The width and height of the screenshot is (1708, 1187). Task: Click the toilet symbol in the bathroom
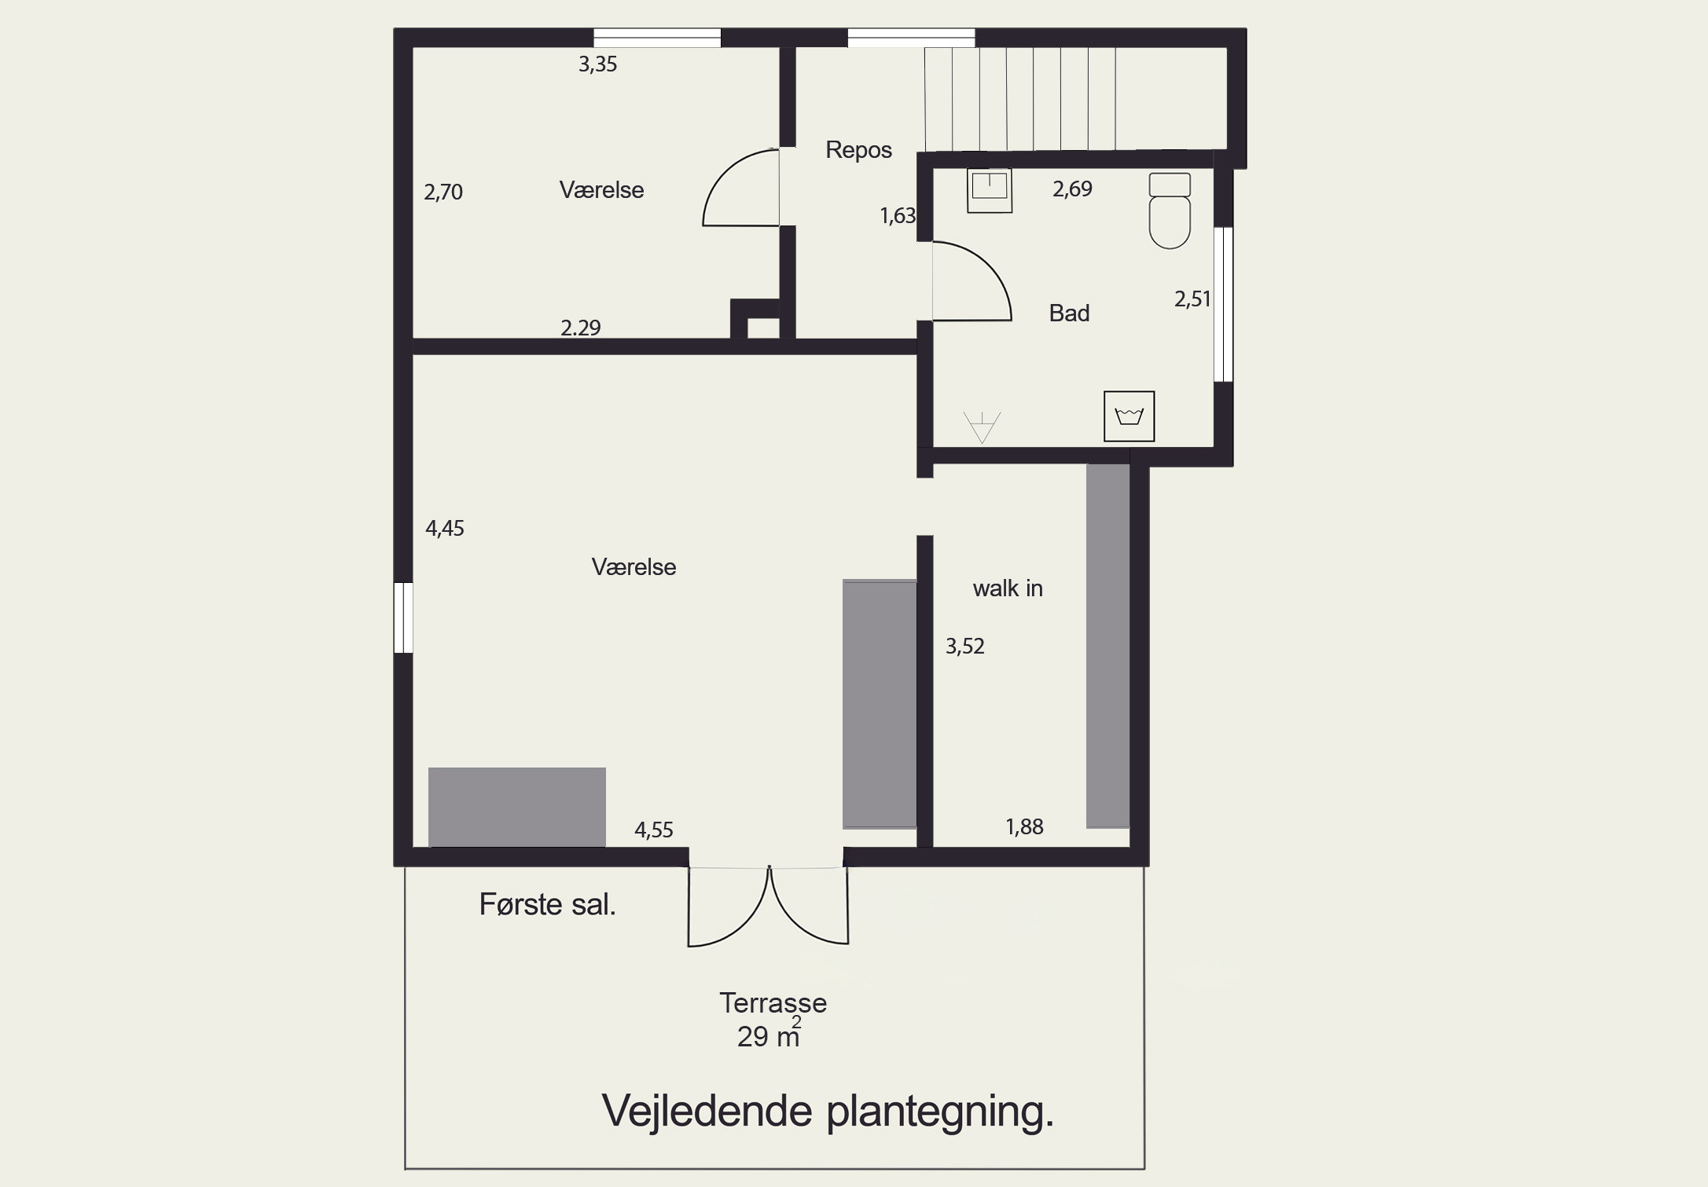click(1170, 211)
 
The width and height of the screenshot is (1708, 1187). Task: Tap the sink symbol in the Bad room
click(989, 190)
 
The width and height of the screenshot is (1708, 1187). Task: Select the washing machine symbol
click(1129, 416)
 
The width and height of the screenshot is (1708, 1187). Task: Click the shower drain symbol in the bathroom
click(982, 427)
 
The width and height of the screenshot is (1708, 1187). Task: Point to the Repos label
click(858, 150)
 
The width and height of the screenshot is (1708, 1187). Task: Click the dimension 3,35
click(597, 64)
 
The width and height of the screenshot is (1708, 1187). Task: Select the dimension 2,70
click(443, 192)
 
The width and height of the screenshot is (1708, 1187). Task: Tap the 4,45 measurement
click(444, 528)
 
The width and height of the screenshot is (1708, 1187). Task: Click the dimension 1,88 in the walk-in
click(1024, 826)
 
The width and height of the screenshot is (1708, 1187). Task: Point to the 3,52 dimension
click(964, 646)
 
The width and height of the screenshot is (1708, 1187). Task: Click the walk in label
click(1007, 588)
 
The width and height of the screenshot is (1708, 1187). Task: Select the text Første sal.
click(547, 905)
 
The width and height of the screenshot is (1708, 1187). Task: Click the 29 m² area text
click(768, 1036)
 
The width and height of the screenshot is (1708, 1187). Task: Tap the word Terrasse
click(773, 1003)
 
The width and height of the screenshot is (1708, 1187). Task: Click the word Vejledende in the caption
click(706, 1111)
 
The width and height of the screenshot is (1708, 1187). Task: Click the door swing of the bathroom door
click(979, 279)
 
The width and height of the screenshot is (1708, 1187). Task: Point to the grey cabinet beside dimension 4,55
click(516, 807)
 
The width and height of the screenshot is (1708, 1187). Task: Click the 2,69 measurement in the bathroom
click(1072, 189)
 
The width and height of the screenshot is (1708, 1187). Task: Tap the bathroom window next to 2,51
click(1223, 304)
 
